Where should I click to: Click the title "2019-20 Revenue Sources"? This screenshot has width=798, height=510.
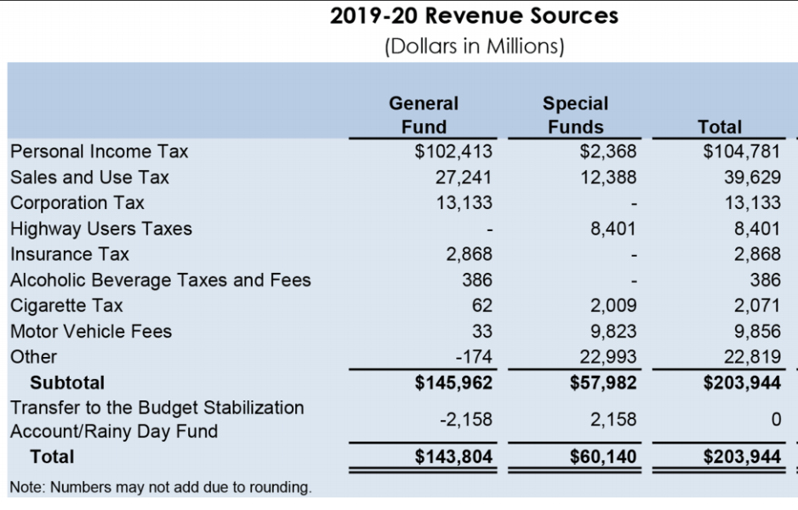[x=474, y=16]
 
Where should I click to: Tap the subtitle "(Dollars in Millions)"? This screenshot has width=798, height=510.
[x=474, y=45]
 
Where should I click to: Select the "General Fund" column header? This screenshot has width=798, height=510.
[x=423, y=115]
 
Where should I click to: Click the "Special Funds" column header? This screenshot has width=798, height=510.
[x=575, y=115]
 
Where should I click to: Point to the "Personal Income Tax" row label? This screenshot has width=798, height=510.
[x=99, y=151]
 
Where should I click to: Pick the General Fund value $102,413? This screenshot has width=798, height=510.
[x=453, y=151]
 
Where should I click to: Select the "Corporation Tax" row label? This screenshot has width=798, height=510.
[x=77, y=203]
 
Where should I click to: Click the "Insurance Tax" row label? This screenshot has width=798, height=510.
[x=70, y=254]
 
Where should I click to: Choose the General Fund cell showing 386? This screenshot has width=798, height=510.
[x=476, y=280]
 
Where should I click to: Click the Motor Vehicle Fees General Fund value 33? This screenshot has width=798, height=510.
[x=482, y=331]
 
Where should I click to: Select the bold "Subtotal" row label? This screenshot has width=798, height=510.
[x=67, y=382]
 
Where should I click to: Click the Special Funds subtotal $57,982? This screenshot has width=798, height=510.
[x=603, y=382]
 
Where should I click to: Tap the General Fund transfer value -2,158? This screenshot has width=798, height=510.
[x=465, y=419]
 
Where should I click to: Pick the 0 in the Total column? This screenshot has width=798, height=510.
[x=774, y=419]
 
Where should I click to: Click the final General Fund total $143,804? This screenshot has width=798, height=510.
[x=453, y=456]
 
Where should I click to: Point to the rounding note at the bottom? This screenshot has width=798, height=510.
[x=161, y=487]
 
